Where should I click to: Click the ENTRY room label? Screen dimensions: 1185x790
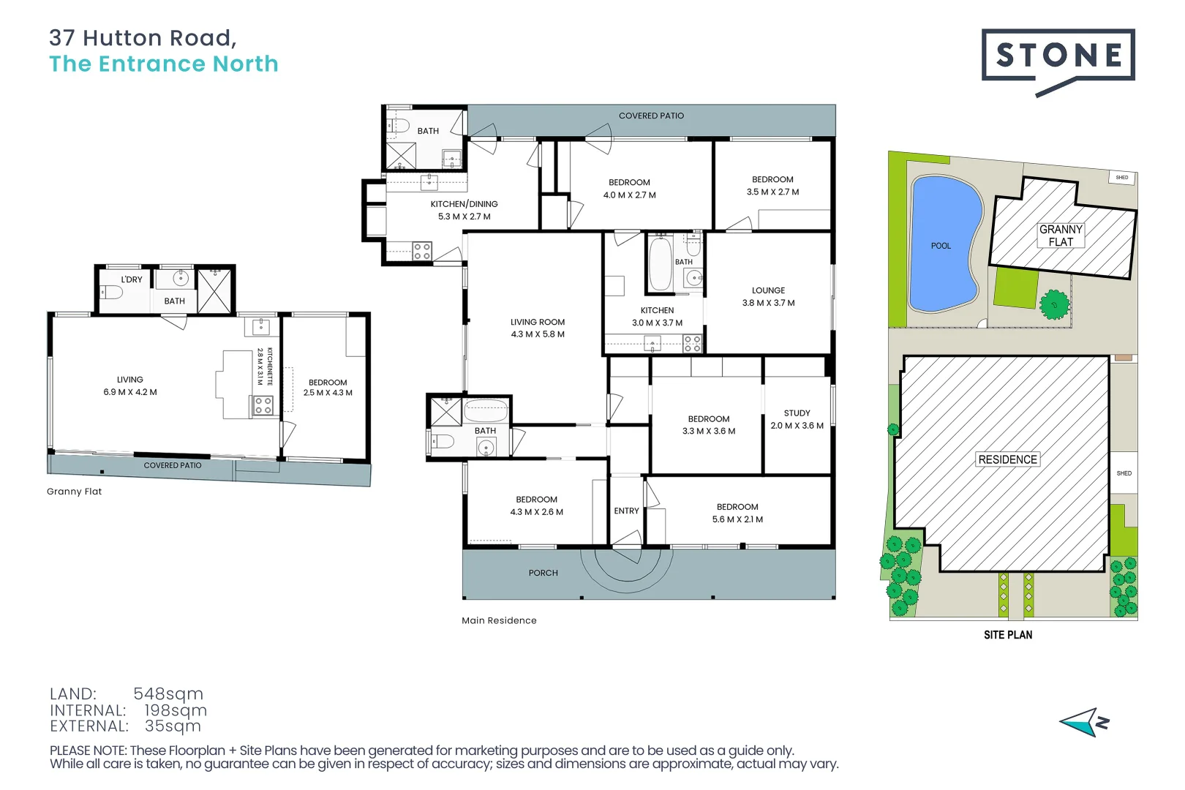coord(626,511)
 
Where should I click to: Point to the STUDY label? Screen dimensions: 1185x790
coord(797,413)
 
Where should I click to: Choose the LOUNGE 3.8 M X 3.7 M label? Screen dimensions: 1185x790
coord(768,296)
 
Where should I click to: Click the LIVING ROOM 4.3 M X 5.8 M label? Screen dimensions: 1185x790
coord(538,328)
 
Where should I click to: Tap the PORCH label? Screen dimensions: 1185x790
coord(543,573)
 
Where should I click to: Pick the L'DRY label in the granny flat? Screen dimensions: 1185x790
coord(132,279)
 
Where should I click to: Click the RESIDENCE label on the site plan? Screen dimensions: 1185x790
coord(1008,459)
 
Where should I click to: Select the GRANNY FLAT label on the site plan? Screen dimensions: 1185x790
coord(1061,236)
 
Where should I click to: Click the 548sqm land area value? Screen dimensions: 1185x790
coord(168,693)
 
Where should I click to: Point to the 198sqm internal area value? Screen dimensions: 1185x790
coord(176,710)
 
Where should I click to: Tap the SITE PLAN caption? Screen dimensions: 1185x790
coord(1008,634)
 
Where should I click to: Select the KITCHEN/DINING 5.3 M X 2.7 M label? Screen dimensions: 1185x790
coord(464,210)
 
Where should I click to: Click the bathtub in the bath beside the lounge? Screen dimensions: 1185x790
coord(661,263)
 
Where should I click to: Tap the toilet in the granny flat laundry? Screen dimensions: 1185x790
coord(112,292)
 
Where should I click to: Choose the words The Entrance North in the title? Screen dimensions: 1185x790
coord(163,64)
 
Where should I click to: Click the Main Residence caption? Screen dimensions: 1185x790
coord(499,620)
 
